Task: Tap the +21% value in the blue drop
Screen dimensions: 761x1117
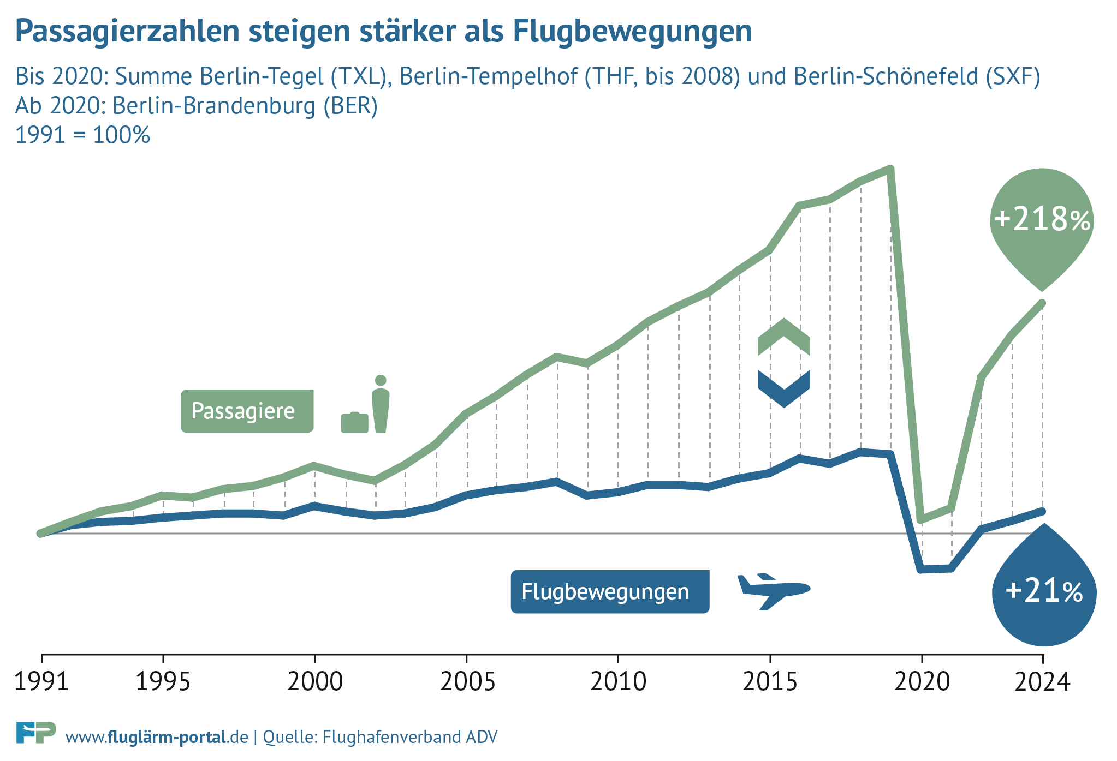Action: pos(1044,591)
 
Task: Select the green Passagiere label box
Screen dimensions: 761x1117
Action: pos(247,411)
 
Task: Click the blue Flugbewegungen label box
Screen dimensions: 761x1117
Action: pos(610,592)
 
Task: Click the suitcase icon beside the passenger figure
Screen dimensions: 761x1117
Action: pos(354,423)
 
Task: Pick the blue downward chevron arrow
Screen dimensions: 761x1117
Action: pos(784,388)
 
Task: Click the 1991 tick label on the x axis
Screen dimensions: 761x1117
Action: pos(41,682)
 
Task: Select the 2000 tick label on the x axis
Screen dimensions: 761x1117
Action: pos(315,682)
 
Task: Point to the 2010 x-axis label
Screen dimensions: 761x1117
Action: pos(618,682)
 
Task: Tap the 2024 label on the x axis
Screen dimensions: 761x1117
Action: pos(1042,682)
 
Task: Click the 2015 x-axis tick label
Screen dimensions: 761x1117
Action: pos(770,682)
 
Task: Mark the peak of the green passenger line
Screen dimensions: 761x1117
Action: pos(890,169)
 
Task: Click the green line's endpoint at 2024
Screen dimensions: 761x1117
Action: pos(1043,303)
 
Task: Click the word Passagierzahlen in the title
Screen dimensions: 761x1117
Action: pos(127,31)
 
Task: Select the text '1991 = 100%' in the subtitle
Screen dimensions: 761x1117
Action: pos(82,135)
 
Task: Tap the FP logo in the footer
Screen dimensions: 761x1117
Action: pos(36,732)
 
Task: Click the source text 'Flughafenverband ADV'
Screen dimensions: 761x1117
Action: pos(410,737)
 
